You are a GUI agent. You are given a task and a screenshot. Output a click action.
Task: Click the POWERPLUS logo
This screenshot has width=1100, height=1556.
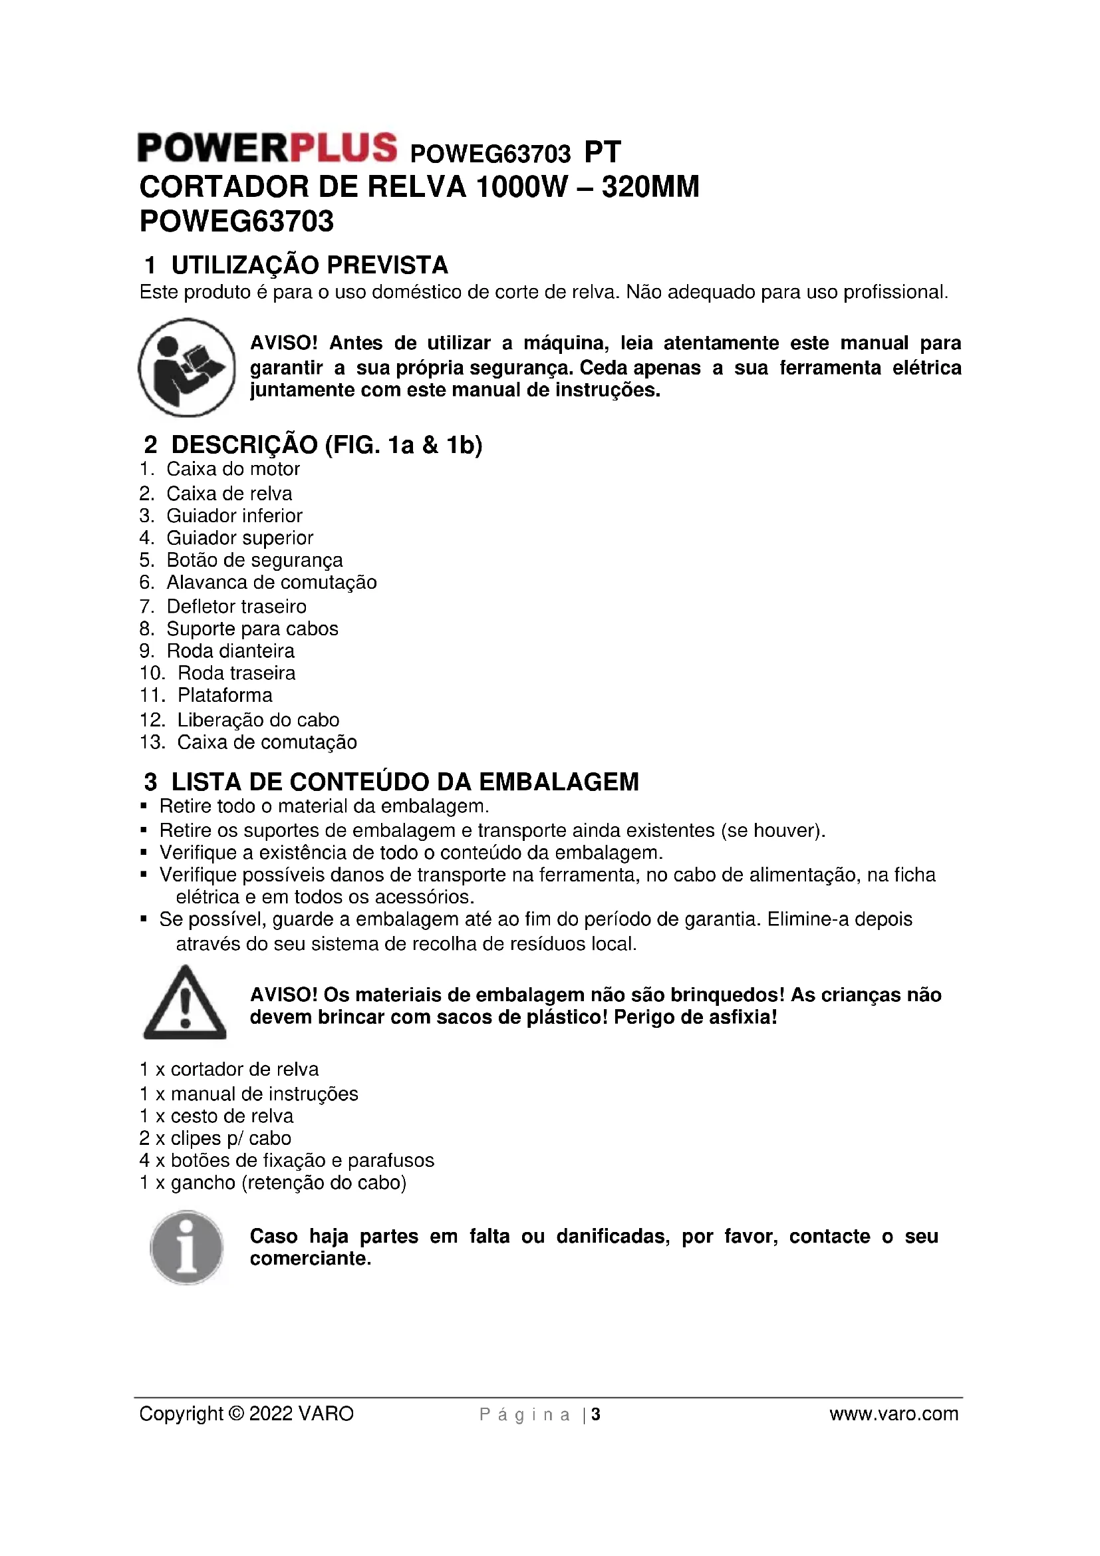[x=267, y=148]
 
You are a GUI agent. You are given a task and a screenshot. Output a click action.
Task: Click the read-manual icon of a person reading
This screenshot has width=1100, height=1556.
[x=186, y=367]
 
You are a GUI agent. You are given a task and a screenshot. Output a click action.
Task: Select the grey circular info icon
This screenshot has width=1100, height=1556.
[x=186, y=1247]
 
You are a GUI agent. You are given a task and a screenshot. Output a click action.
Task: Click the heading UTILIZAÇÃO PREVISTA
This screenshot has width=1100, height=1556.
[x=309, y=265]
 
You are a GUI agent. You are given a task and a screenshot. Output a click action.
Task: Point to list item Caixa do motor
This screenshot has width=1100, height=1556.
[x=232, y=469]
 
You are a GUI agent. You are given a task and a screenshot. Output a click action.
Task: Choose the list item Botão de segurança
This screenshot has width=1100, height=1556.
[x=254, y=560]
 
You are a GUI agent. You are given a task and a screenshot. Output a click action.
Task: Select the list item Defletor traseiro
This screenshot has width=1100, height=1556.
[x=235, y=607]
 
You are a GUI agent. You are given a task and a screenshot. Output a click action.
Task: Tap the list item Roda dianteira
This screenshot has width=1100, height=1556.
[x=230, y=651]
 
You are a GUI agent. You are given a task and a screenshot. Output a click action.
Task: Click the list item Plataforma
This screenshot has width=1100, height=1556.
[x=224, y=695]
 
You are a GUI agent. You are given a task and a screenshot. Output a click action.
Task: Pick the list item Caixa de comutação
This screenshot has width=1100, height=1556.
[x=266, y=743]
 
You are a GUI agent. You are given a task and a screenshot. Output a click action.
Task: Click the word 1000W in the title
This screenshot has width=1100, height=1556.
[x=521, y=187]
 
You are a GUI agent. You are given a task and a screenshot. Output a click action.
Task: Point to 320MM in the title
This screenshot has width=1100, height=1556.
[x=650, y=187]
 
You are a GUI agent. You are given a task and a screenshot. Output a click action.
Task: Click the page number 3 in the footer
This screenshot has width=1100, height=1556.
[x=596, y=1414]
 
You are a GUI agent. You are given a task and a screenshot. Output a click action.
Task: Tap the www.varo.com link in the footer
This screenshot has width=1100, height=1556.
[x=893, y=1414]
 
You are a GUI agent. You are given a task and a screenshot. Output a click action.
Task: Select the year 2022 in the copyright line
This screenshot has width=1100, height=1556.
[x=271, y=1414]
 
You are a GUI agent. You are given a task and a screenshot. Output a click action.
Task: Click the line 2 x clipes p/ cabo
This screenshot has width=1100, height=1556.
[x=215, y=1138]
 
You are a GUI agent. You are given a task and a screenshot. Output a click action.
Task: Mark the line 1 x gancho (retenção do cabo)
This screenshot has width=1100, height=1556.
[x=272, y=1183]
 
